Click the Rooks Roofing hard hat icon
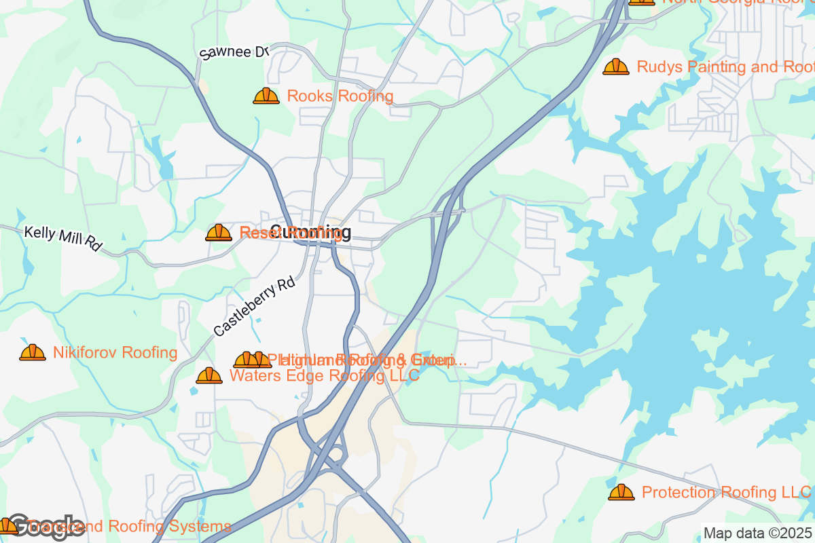point(266,96)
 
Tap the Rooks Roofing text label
point(340,96)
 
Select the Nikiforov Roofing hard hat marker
point(33,353)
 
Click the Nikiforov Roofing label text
point(115,353)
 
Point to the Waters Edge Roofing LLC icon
point(209,375)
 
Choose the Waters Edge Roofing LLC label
point(325,376)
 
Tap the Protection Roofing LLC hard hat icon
point(621,493)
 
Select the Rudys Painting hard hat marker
point(616,67)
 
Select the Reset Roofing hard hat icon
point(219,233)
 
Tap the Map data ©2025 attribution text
point(757,533)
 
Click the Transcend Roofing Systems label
point(136,526)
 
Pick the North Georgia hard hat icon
point(641,2)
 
